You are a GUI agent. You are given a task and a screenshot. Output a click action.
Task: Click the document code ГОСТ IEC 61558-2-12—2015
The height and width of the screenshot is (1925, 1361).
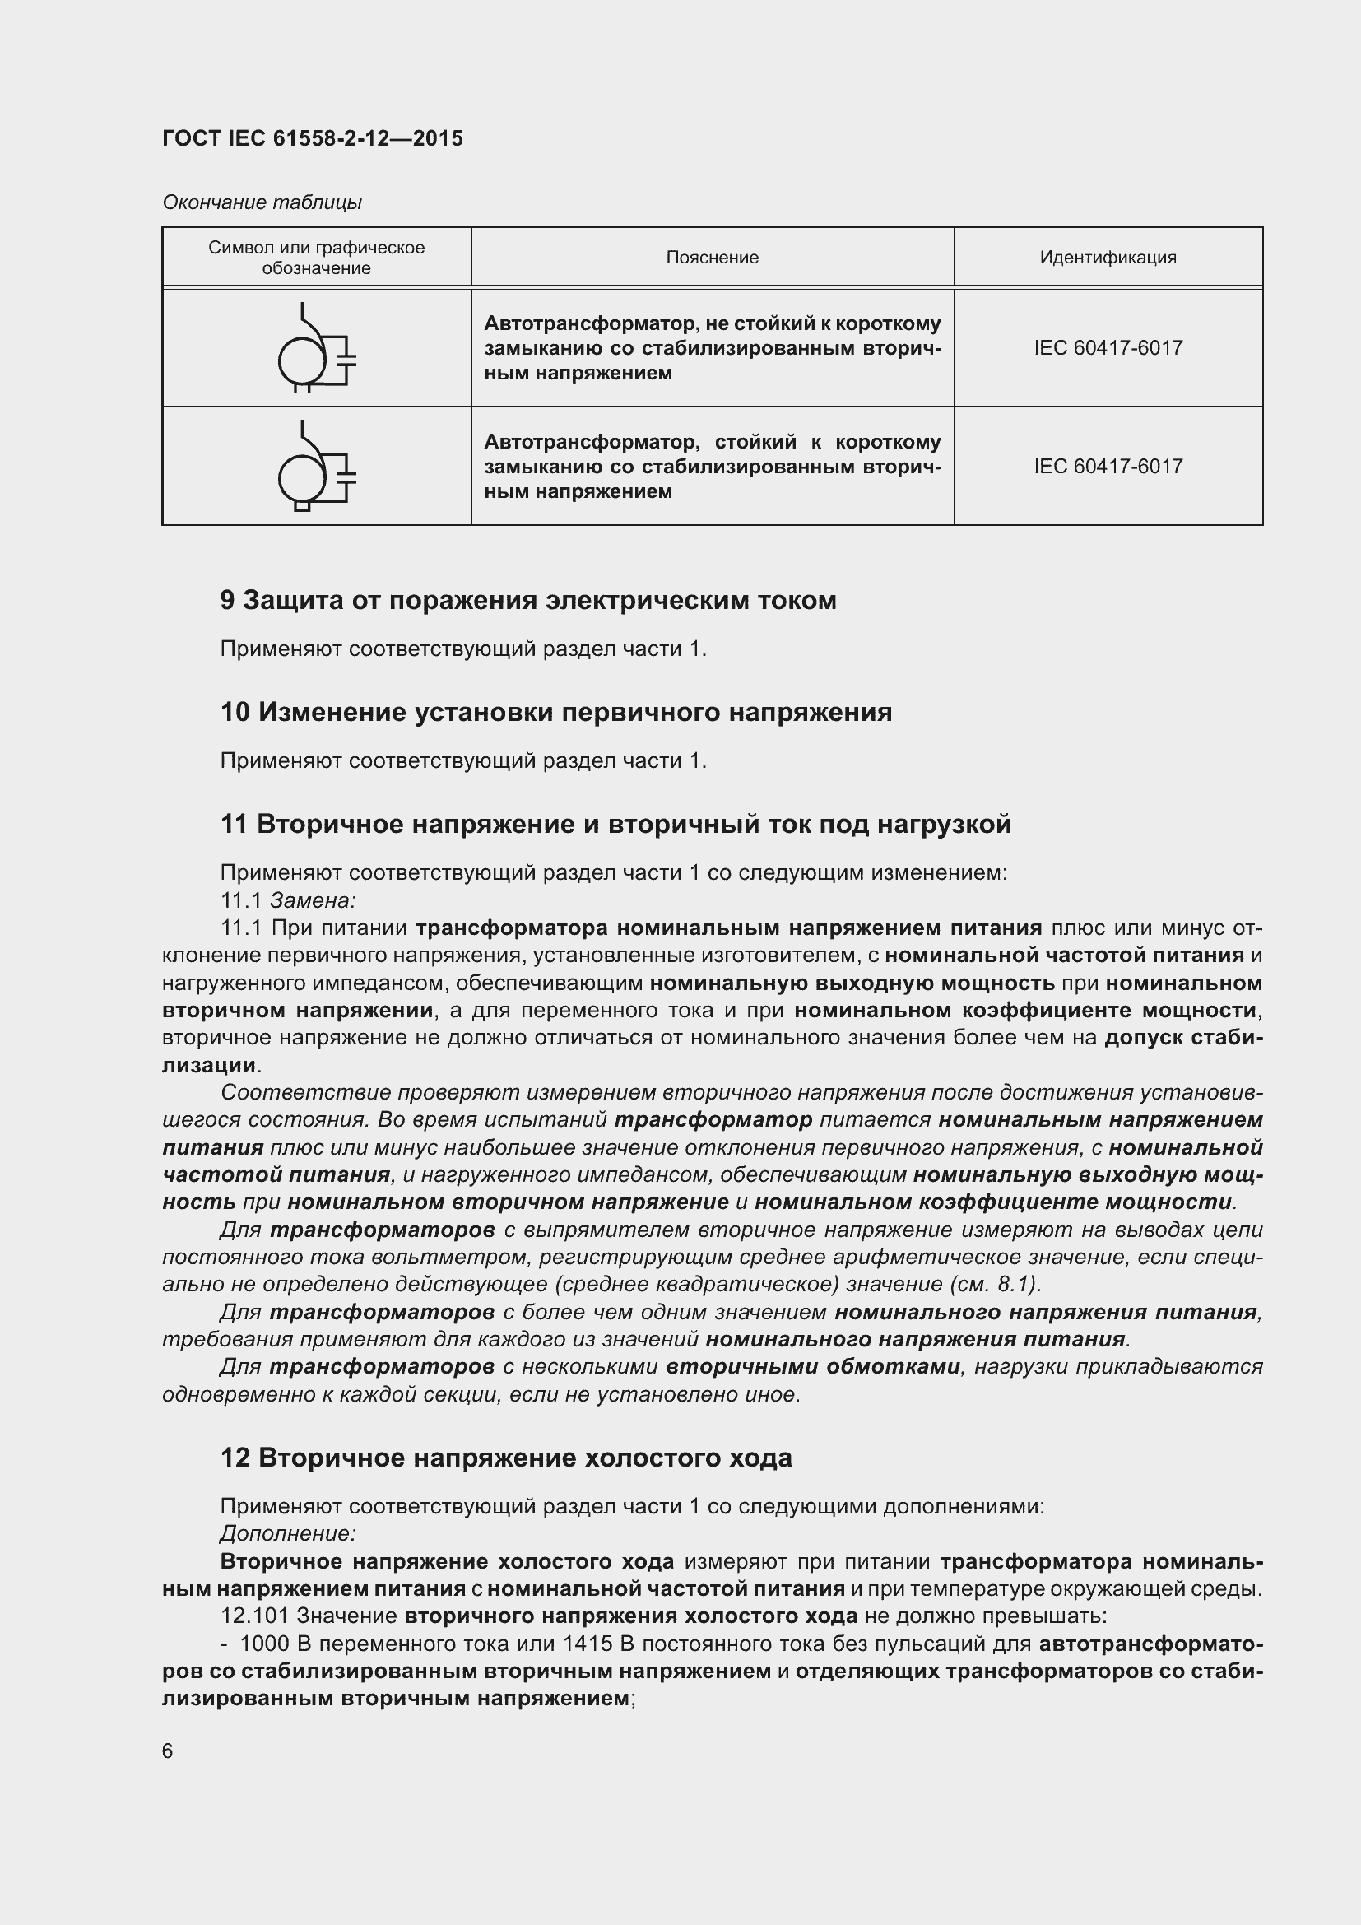click(x=312, y=138)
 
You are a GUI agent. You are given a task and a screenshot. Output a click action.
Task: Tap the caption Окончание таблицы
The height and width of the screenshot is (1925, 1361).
click(x=262, y=202)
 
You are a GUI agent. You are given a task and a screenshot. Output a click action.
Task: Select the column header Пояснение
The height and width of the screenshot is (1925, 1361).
click(x=713, y=258)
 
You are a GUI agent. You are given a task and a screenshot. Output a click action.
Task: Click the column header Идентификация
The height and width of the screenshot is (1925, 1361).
click(x=1108, y=258)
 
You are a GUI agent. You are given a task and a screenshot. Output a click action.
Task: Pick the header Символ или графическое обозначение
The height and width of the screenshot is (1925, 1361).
click(x=316, y=258)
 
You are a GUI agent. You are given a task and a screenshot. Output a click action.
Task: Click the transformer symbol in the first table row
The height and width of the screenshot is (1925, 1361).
click(x=316, y=349)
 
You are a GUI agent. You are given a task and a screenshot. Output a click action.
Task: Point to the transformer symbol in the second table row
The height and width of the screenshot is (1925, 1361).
click(x=316, y=467)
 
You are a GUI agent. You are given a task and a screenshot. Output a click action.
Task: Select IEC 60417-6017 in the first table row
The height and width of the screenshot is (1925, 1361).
click(x=1108, y=348)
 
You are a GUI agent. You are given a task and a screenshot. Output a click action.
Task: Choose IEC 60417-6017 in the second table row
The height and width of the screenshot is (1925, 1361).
click(x=1108, y=466)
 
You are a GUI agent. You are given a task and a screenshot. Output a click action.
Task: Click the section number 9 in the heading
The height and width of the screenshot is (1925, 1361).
click(x=227, y=600)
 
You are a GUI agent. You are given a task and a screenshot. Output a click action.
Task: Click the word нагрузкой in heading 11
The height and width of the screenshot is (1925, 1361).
click(x=945, y=824)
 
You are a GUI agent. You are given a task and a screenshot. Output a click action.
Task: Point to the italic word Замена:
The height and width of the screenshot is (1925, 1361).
click(x=313, y=900)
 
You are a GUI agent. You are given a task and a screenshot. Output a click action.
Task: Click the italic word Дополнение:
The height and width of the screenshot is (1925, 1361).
click(x=288, y=1533)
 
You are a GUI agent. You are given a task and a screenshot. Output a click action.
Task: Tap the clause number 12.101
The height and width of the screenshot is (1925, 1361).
click(x=254, y=1616)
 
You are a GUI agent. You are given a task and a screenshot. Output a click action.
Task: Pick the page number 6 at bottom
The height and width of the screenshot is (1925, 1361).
click(x=168, y=1751)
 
